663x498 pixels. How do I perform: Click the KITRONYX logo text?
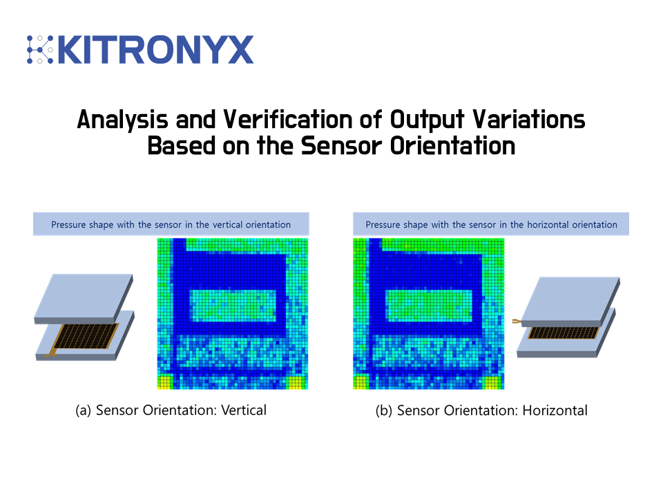click(156, 50)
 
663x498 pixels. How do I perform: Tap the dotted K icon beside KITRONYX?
click(40, 50)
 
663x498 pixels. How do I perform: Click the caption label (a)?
click(83, 410)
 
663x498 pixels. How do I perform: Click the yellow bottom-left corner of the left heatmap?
click(165, 382)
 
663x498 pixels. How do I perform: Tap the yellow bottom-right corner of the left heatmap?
click(297, 382)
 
